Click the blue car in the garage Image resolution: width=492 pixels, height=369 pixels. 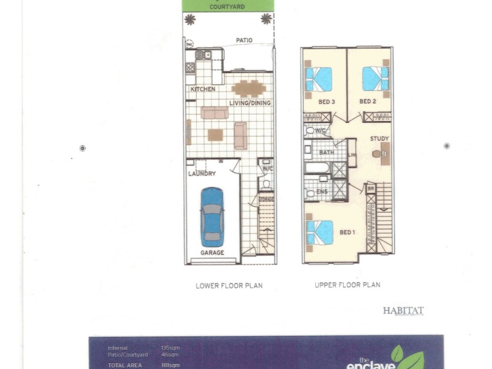212,216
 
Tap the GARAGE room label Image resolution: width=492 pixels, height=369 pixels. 212,253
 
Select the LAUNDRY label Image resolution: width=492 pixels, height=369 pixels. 202,174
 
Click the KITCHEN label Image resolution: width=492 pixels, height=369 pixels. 203,90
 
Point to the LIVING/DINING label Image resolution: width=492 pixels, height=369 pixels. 251,103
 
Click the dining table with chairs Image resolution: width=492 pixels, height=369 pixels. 248,89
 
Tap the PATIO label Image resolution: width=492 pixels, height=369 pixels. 245,41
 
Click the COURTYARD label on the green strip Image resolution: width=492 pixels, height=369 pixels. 228,7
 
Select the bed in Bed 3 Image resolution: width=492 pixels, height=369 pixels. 319,79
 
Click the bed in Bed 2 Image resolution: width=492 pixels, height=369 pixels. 375,79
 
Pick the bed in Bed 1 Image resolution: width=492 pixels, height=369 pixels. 320,232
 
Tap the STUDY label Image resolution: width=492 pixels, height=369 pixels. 379,139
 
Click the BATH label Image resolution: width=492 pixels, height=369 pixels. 327,152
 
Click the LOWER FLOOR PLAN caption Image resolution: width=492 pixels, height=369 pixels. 229,285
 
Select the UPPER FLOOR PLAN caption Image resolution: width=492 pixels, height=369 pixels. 347,285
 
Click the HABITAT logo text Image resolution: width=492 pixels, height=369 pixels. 403,311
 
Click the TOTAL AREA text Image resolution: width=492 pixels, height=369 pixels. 125,365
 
